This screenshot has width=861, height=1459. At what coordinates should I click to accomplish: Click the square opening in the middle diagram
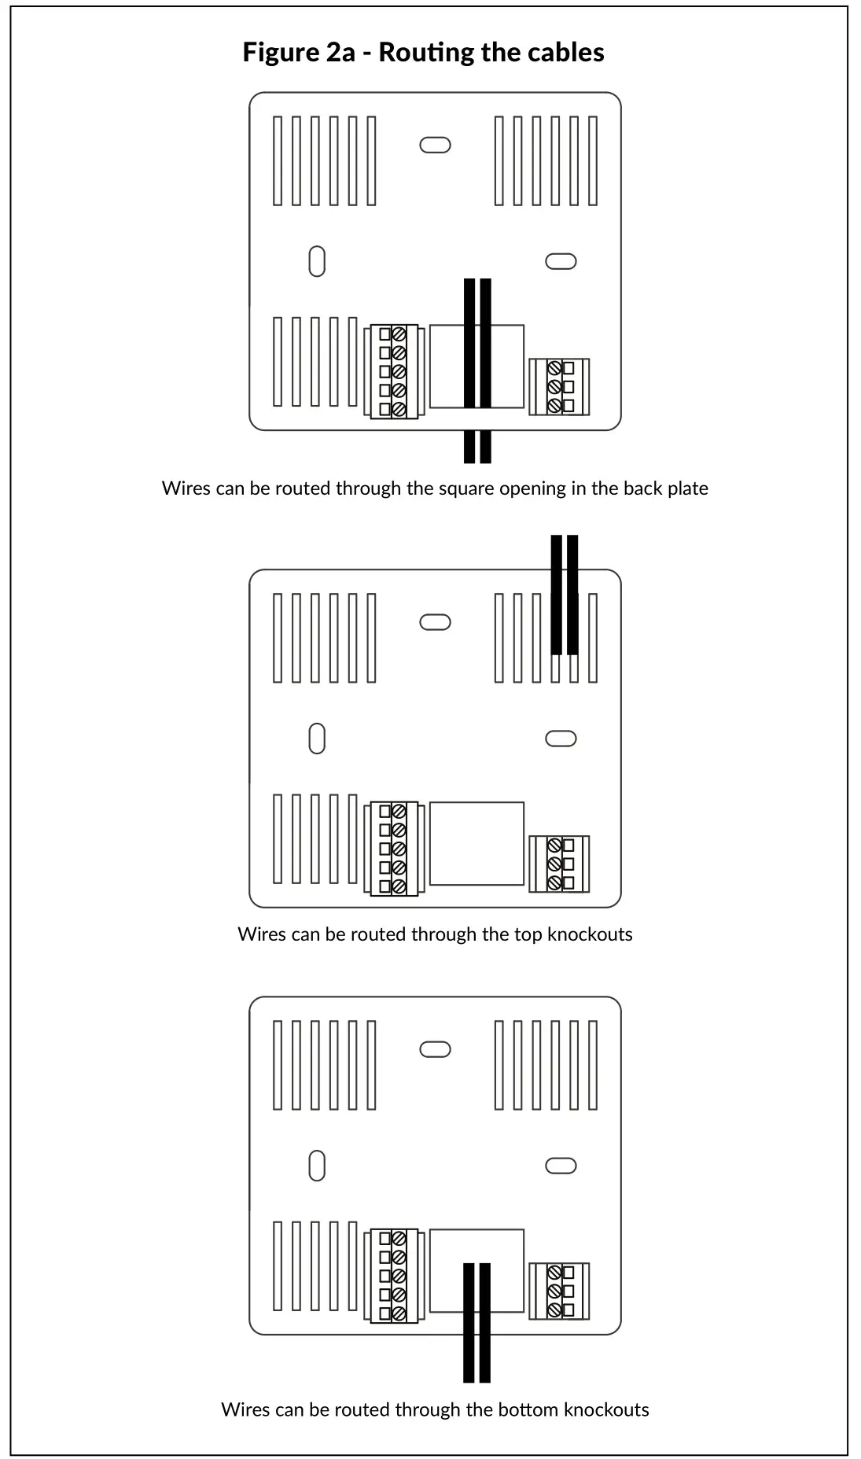(476, 844)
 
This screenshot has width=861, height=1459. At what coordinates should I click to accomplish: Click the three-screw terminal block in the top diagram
(559, 386)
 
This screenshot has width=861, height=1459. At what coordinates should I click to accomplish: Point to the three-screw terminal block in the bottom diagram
(559, 1291)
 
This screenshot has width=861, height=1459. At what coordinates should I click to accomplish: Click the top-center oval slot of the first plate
(435, 146)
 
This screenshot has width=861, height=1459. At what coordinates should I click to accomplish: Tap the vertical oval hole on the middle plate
(317, 739)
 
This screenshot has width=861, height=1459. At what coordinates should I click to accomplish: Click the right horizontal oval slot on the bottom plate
(561, 1166)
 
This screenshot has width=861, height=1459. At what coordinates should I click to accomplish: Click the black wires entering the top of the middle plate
(565, 595)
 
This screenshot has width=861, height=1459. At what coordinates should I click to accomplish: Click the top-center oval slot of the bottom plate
(435, 1050)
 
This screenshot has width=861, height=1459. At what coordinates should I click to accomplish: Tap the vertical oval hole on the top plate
(317, 261)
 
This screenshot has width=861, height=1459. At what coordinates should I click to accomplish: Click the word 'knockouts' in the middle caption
(590, 934)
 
